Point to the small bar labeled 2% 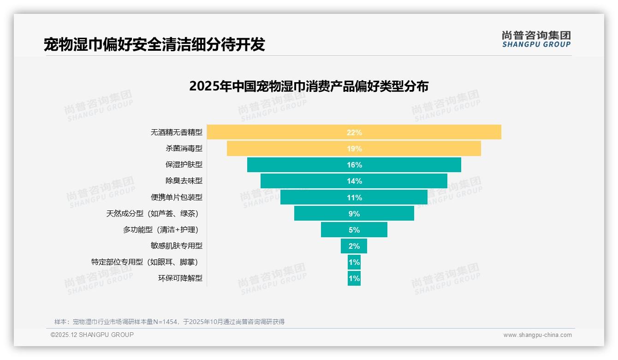354,246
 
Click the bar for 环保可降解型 354,278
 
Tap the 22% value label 354,132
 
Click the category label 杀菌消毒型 184,149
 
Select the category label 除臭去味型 184,181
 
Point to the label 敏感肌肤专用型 177,246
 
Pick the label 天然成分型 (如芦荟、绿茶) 154,213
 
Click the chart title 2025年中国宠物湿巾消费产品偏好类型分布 309,86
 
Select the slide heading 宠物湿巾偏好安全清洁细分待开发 154,44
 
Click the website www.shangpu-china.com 537,335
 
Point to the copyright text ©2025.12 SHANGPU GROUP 92,335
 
